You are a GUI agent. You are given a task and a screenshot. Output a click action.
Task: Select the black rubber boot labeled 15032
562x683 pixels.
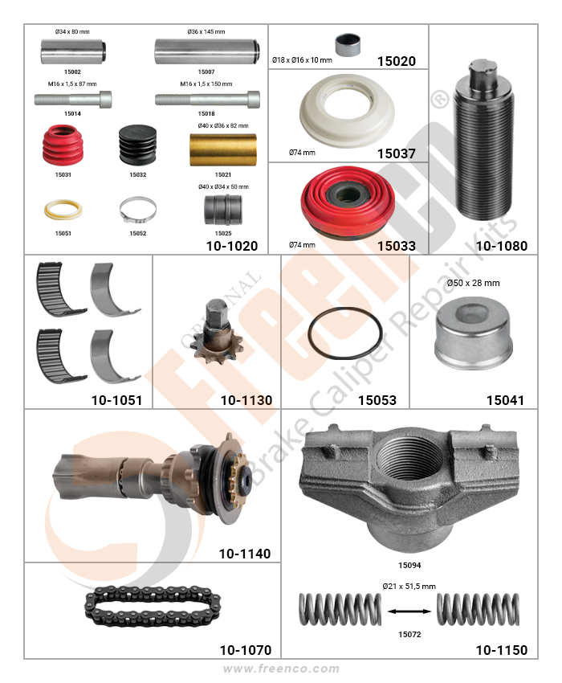click(137, 145)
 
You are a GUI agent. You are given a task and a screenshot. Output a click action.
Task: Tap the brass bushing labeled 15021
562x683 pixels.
click(223, 149)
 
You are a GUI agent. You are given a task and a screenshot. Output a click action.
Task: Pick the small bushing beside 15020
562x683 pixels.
click(348, 45)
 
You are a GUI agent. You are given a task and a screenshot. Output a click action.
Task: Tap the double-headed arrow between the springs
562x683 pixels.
click(409, 611)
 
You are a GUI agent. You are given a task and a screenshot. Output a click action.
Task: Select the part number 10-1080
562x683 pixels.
click(502, 246)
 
